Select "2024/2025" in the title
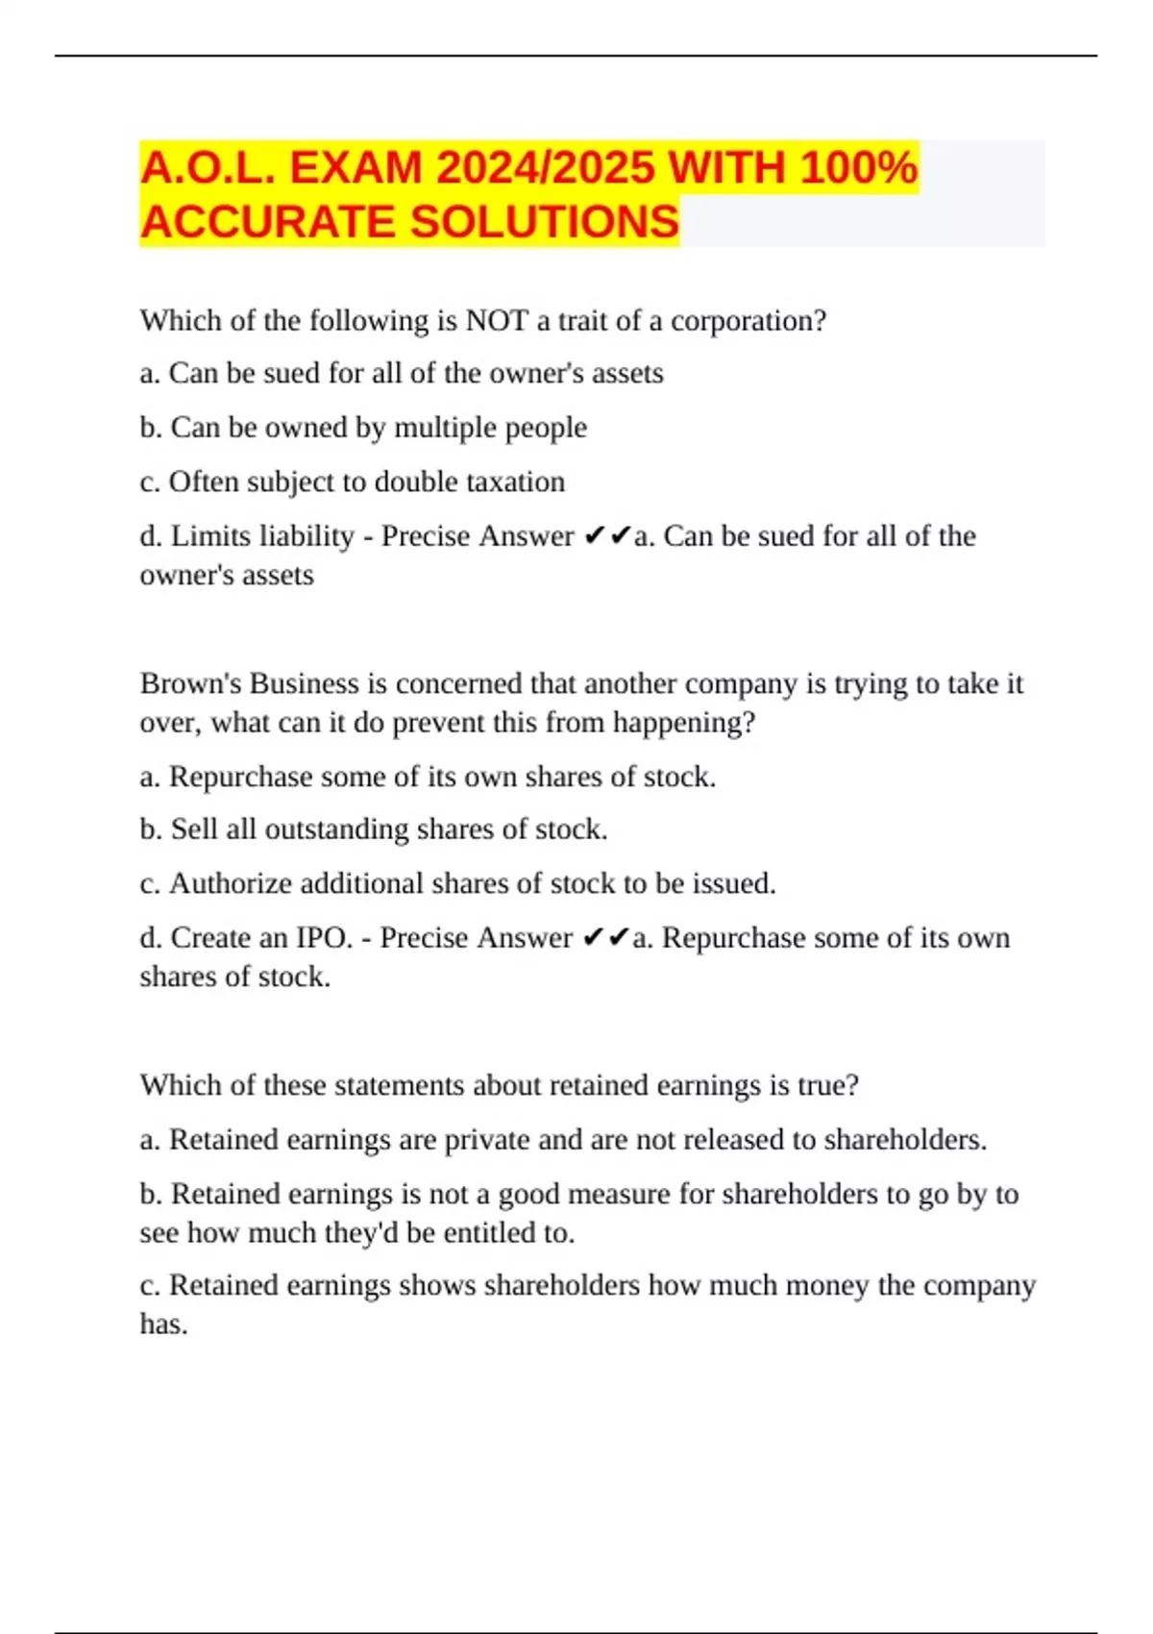pos(545,167)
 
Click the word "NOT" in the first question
pos(497,320)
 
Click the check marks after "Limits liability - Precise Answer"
pos(606,535)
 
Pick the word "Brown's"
pos(190,683)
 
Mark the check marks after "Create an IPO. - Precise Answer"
pos(605,937)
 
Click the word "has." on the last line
pos(163,1325)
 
